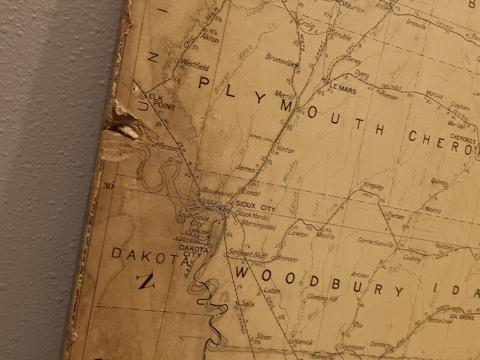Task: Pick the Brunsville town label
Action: point(281,57)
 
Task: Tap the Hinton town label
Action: point(285,150)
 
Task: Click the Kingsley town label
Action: point(373,186)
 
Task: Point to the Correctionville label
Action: point(375,241)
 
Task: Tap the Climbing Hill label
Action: point(321,298)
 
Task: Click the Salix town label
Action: point(247,303)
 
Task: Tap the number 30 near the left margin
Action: point(108,186)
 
